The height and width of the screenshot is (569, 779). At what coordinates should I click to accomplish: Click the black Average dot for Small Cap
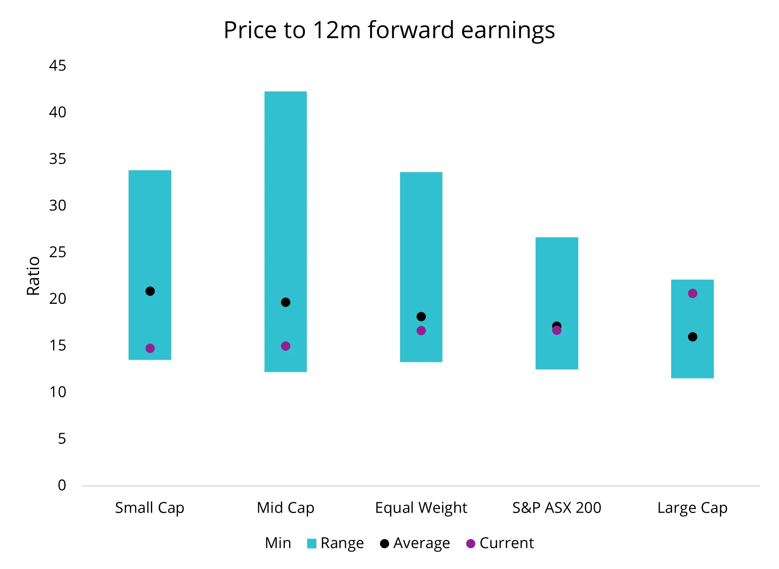pyautogui.click(x=150, y=291)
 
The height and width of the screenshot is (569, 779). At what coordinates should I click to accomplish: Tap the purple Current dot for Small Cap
pyautogui.click(x=150, y=348)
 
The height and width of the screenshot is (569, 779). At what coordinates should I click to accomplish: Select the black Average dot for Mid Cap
pyautogui.click(x=285, y=302)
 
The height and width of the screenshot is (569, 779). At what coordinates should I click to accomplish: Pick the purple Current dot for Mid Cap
pyautogui.click(x=285, y=346)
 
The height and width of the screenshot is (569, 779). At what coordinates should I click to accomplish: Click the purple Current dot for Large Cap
pyautogui.click(x=692, y=294)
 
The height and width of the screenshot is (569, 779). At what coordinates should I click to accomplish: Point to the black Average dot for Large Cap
pyautogui.click(x=692, y=337)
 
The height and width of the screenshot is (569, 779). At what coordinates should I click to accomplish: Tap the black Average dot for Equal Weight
pyautogui.click(x=421, y=317)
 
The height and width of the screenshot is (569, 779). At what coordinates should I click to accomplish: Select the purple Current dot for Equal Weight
pyautogui.click(x=421, y=331)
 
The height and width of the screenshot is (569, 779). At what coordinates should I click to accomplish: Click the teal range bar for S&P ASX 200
pyautogui.click(x=557, y=280)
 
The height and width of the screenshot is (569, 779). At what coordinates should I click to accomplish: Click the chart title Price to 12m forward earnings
pyautogui.click(x=389, y=30)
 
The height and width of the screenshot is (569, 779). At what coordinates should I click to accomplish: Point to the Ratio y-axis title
pyautogui.click(x=34, y=276)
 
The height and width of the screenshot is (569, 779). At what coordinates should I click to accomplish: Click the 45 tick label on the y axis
pyautogui.click(x=57, y=66)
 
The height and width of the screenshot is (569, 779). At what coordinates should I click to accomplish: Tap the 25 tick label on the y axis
pyautogui.click(x=57, y=252)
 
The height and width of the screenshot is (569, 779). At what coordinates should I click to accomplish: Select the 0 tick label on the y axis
pyautogui.click(x=62, y=485)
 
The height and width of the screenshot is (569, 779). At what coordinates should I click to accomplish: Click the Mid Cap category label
pyautogui.click(x=285, y=508)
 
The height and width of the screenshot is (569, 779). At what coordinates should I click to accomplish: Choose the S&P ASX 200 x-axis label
pyautogui.click(x=557, y=508)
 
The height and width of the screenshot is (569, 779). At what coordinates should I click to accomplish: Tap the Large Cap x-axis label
pyautogui.click(x=692, y=508)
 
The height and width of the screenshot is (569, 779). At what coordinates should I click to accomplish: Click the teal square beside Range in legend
pyautogui.click(x=312, y=544)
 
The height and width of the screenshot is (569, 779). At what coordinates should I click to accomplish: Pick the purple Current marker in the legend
pyautogui.click(x=470, y=544)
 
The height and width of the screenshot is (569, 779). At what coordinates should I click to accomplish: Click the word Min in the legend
pyautogui.click(x=278, y=543)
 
